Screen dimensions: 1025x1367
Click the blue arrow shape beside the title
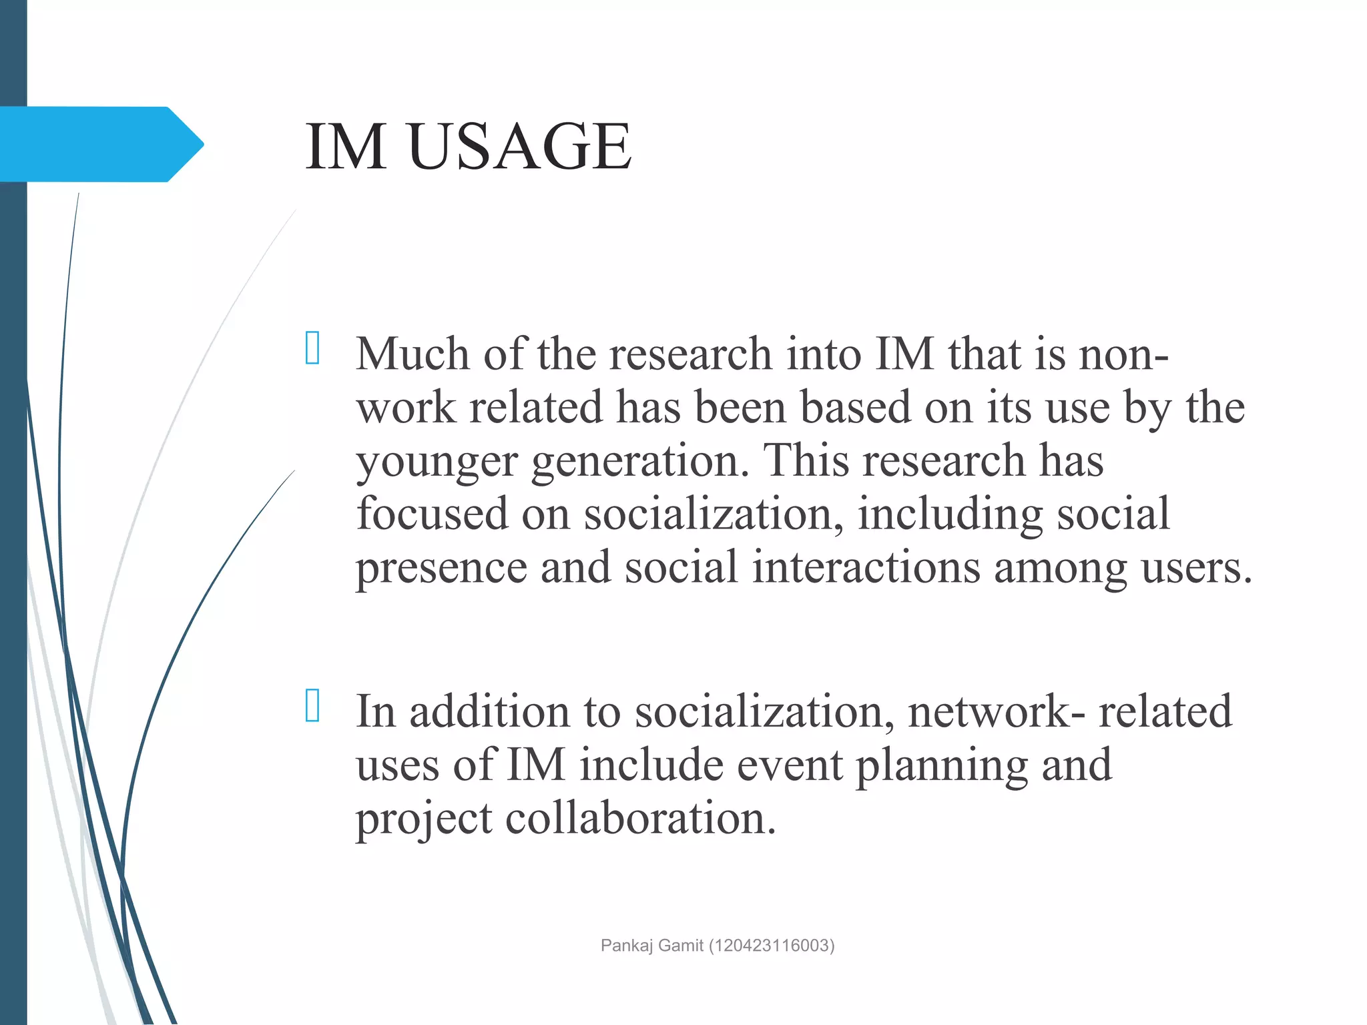point(100,144)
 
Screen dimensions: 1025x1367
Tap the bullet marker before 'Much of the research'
point(312,348)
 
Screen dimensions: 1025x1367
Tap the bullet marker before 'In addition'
point(312,705)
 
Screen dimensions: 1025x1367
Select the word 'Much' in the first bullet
point(412,354)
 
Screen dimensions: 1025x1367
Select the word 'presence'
point(441,569)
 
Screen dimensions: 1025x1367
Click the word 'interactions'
point(866,567)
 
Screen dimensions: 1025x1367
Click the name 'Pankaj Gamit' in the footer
point(651,946)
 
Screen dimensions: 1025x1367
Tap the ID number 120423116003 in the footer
point(771,946)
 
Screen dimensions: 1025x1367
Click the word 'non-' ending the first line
point(1124,354)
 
